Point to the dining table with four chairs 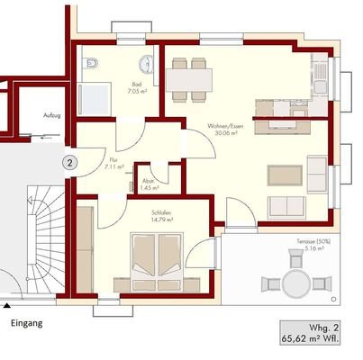click(x=190, y=77)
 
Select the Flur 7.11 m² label click(x=113, y=164)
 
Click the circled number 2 click(x=68, y=163)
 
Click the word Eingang click(x=26, y=322)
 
